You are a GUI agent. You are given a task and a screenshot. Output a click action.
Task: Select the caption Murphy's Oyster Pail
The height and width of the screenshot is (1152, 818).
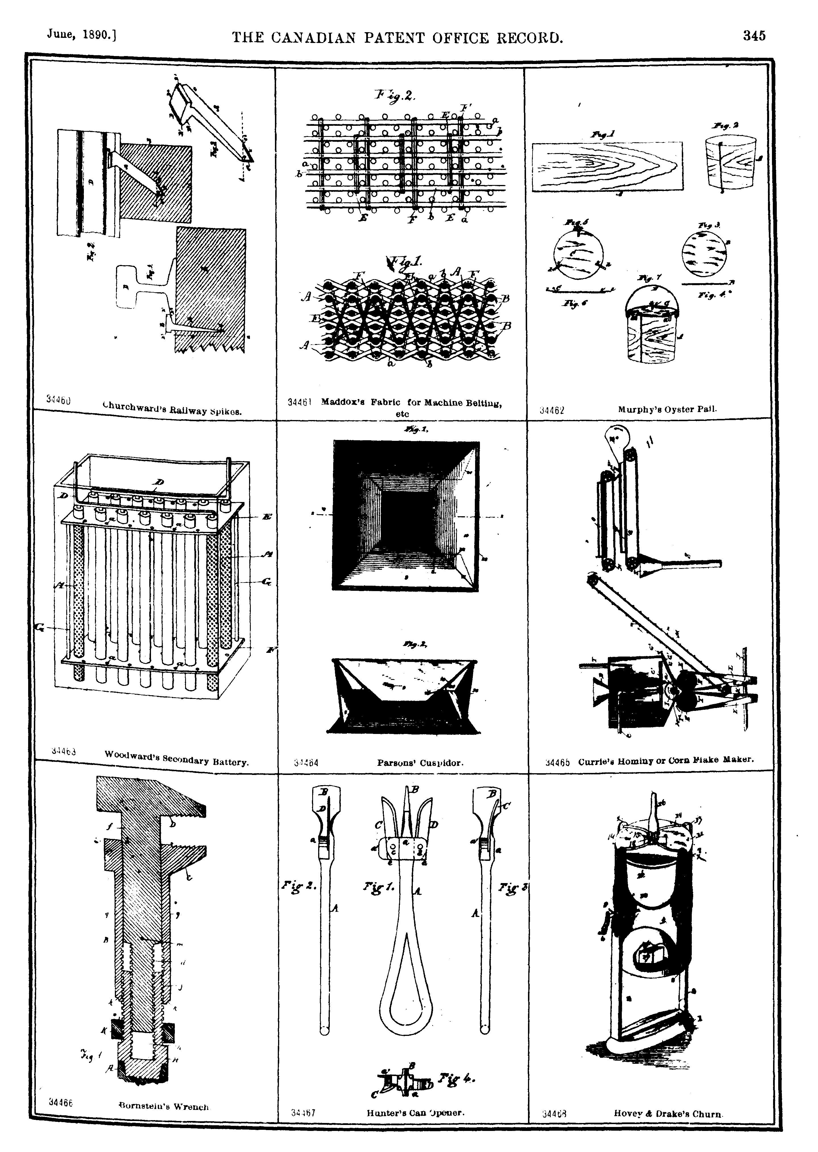pyautogui.click(x=667, y=410)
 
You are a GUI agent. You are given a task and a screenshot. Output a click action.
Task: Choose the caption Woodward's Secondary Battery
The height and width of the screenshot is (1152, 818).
pyautogui.click(x=176, y=758)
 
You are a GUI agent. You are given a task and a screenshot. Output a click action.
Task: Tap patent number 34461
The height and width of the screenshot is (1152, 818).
pyautogui.click(x=300, y=403)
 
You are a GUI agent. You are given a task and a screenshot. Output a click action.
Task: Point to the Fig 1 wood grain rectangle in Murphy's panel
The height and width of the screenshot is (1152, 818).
pyautogui.click(x=607, y=166)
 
